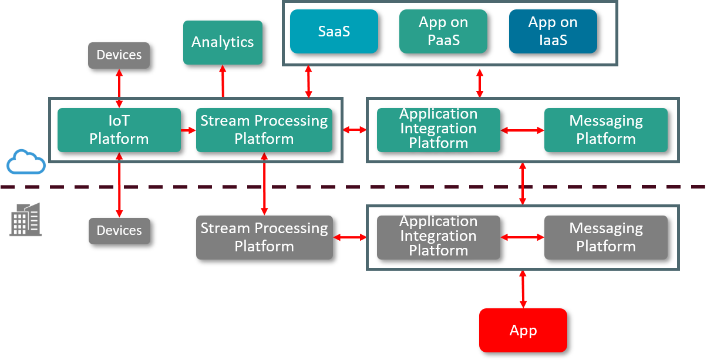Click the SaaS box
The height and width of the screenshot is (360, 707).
point(334,31)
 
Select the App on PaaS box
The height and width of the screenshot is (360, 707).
point(443,31)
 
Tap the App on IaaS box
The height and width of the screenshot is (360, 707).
point(553,31)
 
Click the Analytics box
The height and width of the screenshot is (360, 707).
point(223,42)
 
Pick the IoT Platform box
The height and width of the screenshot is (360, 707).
point(119,130)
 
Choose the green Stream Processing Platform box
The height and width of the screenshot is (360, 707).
point(264,130)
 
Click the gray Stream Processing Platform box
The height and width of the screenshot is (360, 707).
point(264,237)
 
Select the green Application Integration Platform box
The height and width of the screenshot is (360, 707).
point(439,130)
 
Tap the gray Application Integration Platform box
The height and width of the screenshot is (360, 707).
point(439,237)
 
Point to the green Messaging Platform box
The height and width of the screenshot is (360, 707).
point(606,130)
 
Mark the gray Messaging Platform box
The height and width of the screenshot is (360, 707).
point(606,237)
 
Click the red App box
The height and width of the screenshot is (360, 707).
point(523,330)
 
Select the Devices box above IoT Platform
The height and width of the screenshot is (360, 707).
point(119,55)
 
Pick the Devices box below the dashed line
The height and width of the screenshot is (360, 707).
point(119,231)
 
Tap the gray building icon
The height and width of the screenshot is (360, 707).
point(25,220)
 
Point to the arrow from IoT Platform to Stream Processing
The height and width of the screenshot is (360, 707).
point(188,130)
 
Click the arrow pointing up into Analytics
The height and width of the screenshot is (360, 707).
point(223,81)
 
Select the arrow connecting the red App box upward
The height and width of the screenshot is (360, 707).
point(523,289)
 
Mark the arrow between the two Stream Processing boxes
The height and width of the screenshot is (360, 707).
point(264,184)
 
